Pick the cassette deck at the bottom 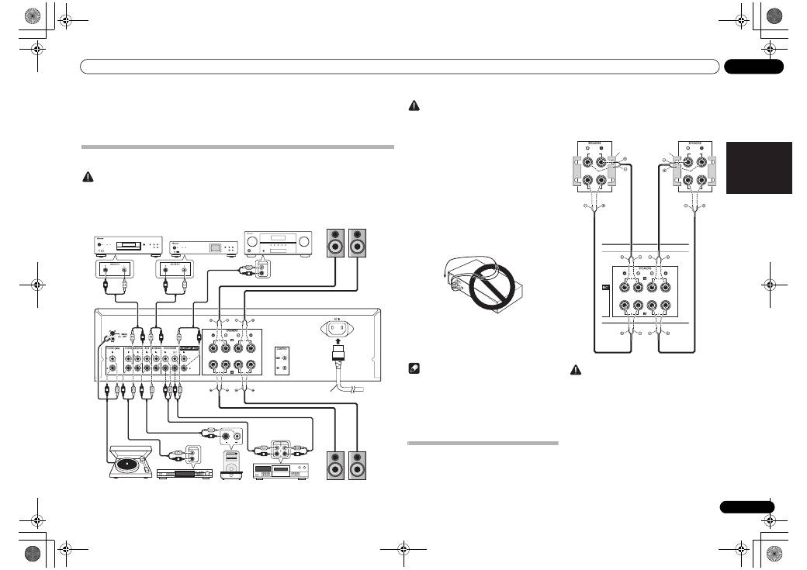[x=281, y=470]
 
